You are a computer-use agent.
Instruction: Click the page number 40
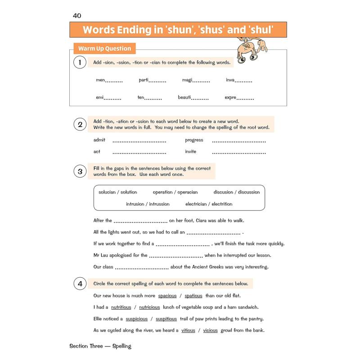click(x=77, y=16)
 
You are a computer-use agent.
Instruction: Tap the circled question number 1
click(x=80, y=63)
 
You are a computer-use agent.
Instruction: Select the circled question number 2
click(x=80, y=124)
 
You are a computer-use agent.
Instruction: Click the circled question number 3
click(x=80, y=171)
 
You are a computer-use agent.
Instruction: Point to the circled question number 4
click(x=80, y=283)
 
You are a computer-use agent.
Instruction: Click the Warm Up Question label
click(x=104, y=49)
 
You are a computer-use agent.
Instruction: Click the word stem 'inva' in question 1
click(x=230, y=80)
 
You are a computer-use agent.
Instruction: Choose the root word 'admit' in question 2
click(x=99, y=140)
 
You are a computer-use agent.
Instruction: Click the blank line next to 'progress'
click(x=238, y=141)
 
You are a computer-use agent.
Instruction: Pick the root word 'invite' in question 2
click(x=191, y=152)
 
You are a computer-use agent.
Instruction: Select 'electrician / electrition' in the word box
click(x=209, y=204)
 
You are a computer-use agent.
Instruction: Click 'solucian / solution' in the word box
click(x=118, y=192)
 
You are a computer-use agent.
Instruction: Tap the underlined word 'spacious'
click(x=167, y=296)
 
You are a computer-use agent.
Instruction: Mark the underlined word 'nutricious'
click(x=149, y=307)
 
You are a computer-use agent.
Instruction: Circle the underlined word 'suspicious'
click(x=137, y=319)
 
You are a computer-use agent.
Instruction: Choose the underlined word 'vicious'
click(x=210, y=330)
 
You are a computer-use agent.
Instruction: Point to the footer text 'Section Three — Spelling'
click(x=100, y=346)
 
